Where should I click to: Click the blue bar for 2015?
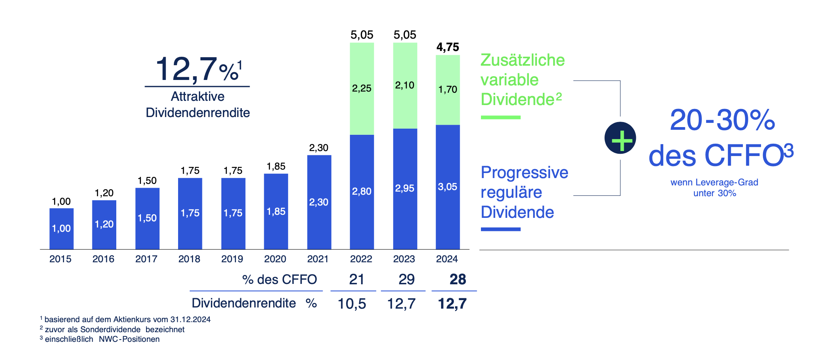click(x=61, y=229)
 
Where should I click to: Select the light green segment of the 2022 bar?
click(x=362, y=89)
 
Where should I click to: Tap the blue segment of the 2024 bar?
click(x=448, y=187)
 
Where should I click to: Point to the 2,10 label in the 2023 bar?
click(x=404, y=85)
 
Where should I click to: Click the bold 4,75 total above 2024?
click(x=448, y=47)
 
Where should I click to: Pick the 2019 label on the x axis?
click(x=232, y=259)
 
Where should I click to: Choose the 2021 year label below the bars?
click(x=318, y=259)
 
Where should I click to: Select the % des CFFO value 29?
click(x=406, y=279)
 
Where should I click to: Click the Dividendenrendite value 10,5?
click(x=352, y=304)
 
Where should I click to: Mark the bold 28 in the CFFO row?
click(x=458, y=279)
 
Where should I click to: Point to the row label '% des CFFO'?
click(x=279, y=279)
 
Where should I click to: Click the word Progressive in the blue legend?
click(x=524, y=173)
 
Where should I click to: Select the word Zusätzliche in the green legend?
click(x=522, y=60)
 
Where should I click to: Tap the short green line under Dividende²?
click(x=501, y=117)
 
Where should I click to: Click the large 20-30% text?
click(x=722, y=120)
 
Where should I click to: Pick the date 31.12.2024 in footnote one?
click(x=190, y=319)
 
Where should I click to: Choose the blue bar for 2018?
click(x=190, y=213)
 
